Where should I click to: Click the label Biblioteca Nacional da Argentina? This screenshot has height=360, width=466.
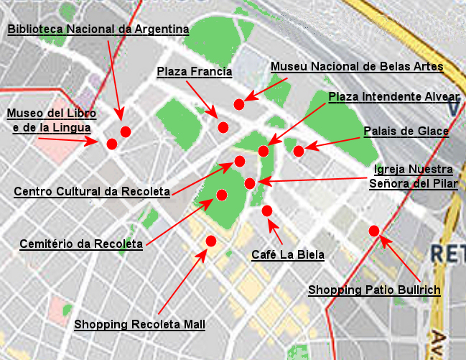tap(98, 29)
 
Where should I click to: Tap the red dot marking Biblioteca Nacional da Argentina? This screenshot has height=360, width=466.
tap(126, 131)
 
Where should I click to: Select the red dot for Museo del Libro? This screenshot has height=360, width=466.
tap(112, 144)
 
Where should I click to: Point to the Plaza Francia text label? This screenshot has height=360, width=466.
tap(194, 71)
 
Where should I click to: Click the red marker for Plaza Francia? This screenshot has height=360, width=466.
tap(223, 127)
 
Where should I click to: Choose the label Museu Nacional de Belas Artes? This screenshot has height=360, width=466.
tap(357, 67)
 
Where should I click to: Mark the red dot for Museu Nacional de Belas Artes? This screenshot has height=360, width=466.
tap(239, 105)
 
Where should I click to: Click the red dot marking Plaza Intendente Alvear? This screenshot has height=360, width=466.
tap(264, 151)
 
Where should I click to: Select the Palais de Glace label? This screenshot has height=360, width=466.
tap(406, 131)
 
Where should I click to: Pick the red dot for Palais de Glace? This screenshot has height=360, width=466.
tap(299, 151)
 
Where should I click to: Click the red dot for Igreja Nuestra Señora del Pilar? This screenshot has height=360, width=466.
tap(250, 183)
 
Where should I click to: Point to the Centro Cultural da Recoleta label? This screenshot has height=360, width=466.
tap(92, 192)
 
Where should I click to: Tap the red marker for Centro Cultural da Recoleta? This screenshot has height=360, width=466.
tap(240, 161)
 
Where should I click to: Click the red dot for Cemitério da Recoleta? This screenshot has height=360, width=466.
tap(222, 195)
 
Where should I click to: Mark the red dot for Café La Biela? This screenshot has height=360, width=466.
tap(267, 211)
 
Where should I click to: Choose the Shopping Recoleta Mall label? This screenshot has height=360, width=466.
tap(140, 324)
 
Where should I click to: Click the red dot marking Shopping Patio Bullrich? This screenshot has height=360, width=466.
tap(374, 231)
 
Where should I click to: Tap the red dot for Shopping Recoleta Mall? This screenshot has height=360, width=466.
tap(211, 241)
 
